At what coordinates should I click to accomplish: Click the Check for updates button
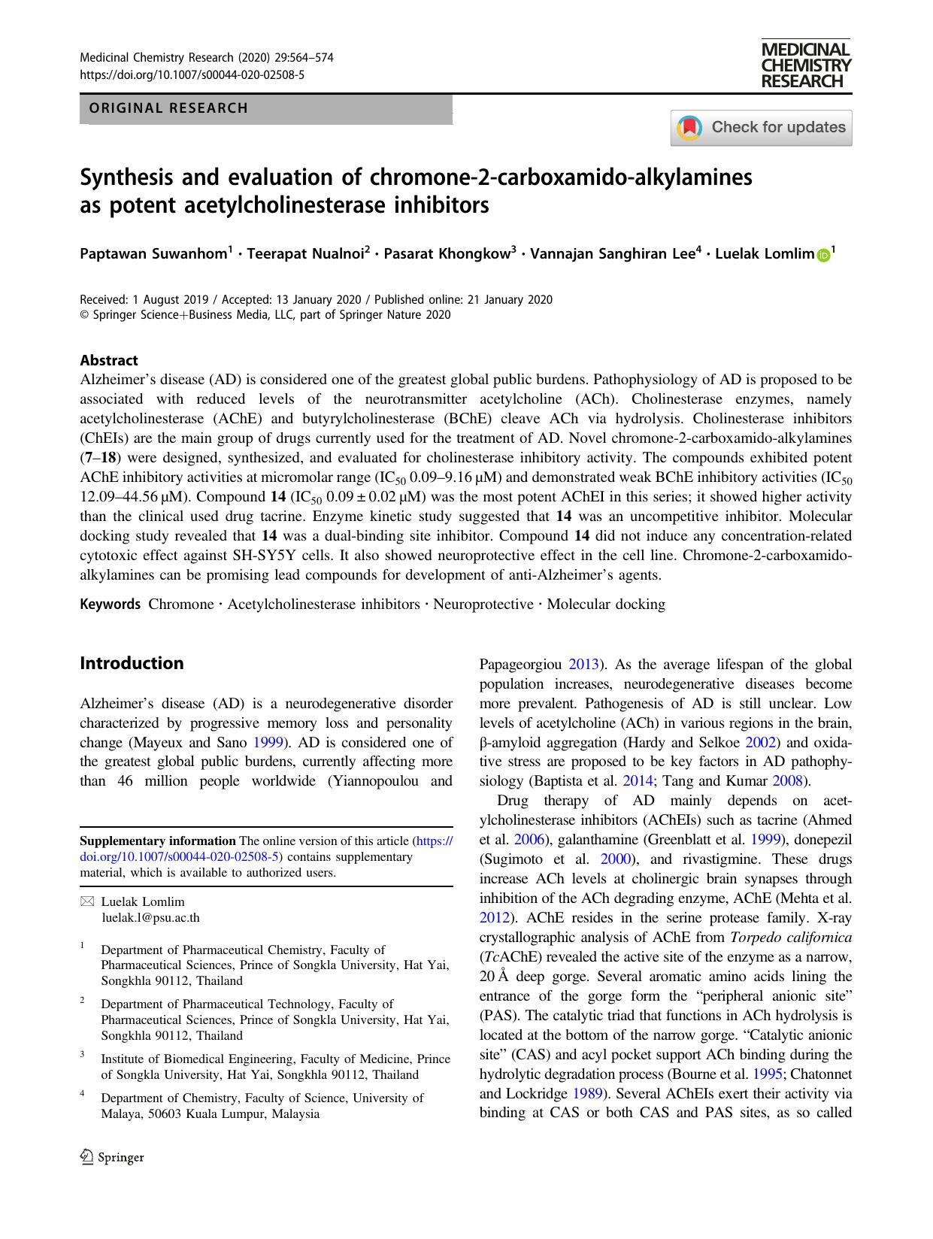[x=761, y=127]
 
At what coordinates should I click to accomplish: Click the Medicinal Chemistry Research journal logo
[x=805, y=65]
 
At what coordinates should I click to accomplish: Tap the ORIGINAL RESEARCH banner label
[x=168, y=108]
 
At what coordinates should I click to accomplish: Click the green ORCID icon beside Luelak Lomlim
[x=822, y=256]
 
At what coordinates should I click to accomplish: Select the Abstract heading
[x=109, y=360]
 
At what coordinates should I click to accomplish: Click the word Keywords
[x=110, y=604]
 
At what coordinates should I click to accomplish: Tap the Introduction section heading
[x=132, y=663]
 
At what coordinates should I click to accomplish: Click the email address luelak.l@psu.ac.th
[x=150, y=917]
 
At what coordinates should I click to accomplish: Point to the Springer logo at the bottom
[x=112, y=1157]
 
